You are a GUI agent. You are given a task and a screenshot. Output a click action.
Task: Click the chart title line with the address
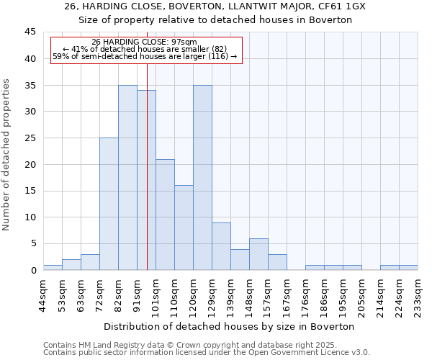coord(215,6)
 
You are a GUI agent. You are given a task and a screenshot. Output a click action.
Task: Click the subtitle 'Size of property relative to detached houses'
coord(215,20)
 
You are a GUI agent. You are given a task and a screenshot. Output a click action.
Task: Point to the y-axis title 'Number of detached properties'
coord(7,154)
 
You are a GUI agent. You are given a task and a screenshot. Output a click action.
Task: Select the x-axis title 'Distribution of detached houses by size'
coord(230,326)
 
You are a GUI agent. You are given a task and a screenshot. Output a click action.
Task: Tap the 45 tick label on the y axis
coord(30,32)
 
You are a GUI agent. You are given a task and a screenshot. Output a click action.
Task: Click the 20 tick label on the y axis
coord(30,164)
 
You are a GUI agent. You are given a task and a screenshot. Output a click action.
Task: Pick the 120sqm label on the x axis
coord(193,294)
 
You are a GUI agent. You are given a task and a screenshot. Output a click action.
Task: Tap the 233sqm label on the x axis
coord(418,294)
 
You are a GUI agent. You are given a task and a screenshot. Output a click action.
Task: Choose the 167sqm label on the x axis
coord(287,294)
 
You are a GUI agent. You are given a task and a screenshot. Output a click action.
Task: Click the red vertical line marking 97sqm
coord(147,180)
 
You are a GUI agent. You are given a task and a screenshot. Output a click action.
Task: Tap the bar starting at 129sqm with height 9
coord(221,246)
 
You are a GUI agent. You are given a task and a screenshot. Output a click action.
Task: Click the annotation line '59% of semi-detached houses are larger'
coord(145,56)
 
